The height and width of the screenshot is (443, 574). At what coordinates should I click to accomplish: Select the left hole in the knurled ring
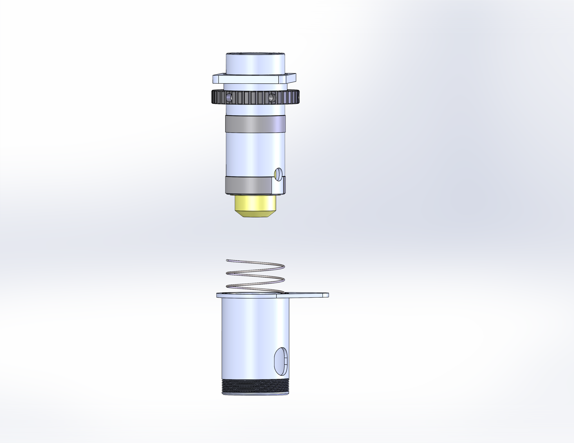229,98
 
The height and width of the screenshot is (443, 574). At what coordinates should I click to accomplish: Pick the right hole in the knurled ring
272,98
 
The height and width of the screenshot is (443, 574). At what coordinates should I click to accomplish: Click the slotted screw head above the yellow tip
278,174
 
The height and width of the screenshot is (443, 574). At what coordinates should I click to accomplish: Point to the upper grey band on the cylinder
255,124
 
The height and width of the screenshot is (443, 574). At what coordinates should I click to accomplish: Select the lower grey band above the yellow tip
248,185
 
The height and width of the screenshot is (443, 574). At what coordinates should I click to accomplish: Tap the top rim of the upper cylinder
255,54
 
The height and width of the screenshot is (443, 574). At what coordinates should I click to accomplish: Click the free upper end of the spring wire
227,260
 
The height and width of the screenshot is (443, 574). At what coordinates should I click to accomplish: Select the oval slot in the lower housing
281,361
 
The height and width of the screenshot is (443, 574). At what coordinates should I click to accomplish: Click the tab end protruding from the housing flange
325,295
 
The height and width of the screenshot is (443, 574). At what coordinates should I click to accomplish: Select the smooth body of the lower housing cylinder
250,339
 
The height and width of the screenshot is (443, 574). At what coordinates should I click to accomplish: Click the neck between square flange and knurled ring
255,87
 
